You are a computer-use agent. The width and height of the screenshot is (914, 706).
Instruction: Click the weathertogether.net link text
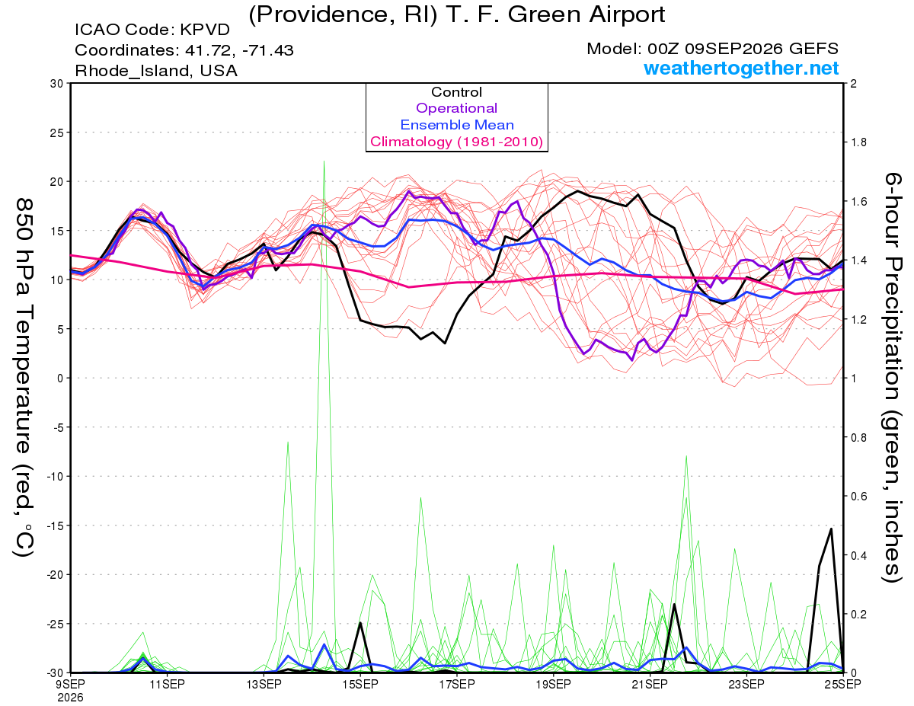pyautogui.click(x=740, y=69)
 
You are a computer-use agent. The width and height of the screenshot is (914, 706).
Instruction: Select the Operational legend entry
pyautogui.click(x=456, y=108)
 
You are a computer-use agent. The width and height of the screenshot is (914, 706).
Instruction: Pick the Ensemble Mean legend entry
pyautogui.click(x=457, y=125)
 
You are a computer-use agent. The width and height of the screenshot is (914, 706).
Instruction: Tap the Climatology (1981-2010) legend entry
pyautogui.click(x=457, y=142)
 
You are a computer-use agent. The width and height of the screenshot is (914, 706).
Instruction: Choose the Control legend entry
pyautogui.click(x=456, y=92)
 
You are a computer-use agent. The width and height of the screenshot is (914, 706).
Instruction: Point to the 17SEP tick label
pyautogui.click(x=457, y=684)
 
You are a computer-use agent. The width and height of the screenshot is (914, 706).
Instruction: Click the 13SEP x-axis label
pyautogui.click(x=264, y=684)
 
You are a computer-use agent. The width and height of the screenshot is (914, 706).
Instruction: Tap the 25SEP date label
pyautogui.click(x=843, y=684)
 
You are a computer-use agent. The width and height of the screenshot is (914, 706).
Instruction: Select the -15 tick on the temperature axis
pyautogui.click(x=55, y=526)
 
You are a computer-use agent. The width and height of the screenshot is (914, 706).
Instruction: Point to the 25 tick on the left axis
pyautogui.click(x=57, y=133)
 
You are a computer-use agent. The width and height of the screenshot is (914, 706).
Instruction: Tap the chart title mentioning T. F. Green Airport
pyautogui.click(x=457, y=14)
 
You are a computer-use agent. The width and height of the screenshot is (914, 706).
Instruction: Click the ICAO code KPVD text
pyautogui.click(x=152, y=30)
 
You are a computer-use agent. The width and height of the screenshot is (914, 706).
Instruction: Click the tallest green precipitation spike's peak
pyautogui.click(x=324, y=161)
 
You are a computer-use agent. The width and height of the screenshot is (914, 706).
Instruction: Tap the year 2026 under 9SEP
pyautogui.click(x=71, y=698)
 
